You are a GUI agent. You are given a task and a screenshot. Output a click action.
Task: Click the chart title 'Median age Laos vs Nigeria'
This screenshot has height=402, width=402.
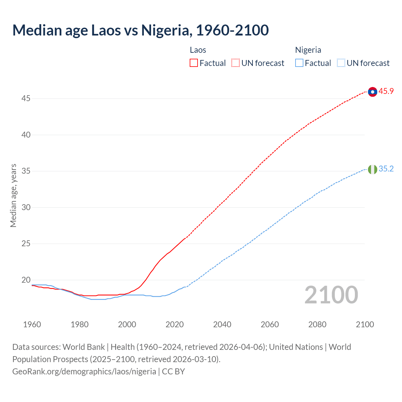tap(140, 30)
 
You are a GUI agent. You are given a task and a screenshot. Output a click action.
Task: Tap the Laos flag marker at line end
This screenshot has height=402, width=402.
tap(372, 92)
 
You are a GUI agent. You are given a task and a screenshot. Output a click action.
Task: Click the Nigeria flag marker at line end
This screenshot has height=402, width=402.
tap(372, 169)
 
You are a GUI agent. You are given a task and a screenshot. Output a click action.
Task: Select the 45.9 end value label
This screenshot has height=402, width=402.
tap(386, 91)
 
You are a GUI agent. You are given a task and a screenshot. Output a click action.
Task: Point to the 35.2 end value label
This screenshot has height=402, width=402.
tap(386, 169)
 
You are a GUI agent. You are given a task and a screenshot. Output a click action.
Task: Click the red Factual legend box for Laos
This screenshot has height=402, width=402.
tap(194, 63)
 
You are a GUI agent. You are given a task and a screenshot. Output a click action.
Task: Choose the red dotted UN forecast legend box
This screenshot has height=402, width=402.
tap(236, 63)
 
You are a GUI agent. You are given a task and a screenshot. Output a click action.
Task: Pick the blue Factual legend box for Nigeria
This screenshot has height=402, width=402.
tap(299, 63)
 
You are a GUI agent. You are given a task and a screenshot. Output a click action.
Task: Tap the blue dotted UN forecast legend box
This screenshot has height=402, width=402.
tap(341, 63)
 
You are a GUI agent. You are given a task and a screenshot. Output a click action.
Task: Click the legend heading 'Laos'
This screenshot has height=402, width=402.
tap(198, 50)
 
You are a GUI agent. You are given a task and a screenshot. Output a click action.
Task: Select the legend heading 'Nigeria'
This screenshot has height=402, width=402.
tap(308, 50)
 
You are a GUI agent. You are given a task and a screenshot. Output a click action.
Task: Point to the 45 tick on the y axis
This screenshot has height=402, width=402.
tap(26, 99)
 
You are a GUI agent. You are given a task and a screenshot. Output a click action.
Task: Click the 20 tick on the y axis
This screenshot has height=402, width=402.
tap(26, 280)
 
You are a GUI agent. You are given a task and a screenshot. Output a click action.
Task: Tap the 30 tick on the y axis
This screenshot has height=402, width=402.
tap(26, 207)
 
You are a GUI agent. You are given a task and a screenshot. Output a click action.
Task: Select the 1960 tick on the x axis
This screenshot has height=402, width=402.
tap(32, 324)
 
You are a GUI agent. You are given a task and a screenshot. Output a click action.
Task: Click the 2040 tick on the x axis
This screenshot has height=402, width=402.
tap(222, 324)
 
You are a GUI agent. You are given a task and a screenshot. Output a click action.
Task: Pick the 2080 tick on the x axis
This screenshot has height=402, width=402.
tap(317, 324)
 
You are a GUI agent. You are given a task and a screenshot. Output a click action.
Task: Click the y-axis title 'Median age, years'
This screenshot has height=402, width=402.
tap(13, 195)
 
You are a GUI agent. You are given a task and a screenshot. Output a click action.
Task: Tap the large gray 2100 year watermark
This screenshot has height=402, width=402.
tap(331, 295)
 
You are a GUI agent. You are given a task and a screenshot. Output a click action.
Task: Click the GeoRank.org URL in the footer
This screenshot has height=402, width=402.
tap(84, 372)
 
